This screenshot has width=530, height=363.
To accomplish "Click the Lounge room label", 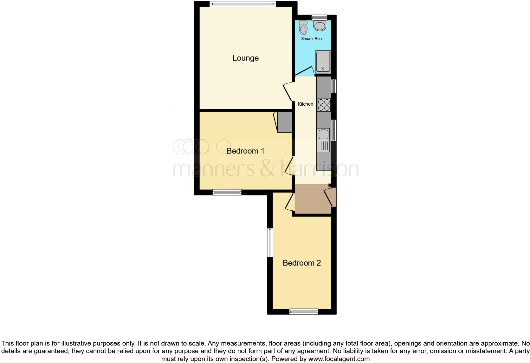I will coord(246,58).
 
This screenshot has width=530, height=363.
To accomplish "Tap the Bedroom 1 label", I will coord(245,151).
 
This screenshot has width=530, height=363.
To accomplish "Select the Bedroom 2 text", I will coord(301,263).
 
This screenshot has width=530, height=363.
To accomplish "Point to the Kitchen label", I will coord(305,104).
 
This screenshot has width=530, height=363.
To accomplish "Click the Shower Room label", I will coord(313,39).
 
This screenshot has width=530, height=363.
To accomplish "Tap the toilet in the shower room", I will coord(303,28).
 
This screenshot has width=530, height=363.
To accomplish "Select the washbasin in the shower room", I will coord(320,25).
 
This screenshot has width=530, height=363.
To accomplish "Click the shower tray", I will coord(323,62).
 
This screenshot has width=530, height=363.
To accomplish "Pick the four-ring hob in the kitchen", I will coord(324,105).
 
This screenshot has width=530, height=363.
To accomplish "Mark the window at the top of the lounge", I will coord(242,4).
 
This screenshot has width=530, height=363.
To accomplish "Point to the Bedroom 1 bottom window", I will coord(227,192).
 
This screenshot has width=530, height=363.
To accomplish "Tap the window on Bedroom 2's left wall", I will coord(270,242).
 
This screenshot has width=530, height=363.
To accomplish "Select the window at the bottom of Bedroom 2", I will coord(304,312).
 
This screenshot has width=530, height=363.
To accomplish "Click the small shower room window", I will coord(319,17).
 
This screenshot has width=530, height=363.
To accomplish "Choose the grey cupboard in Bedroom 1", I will coord(285,122).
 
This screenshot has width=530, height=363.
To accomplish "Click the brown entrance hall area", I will coord(312,199).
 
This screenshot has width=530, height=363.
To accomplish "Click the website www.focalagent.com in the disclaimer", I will coord(339,359).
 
